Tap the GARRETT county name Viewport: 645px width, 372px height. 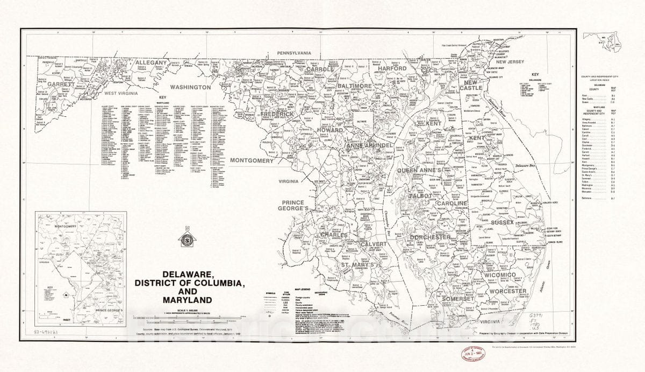[64, 85]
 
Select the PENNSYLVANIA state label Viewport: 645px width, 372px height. [294, 53]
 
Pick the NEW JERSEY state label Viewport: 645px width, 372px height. [499, 62]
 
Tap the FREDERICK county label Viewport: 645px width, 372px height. [277, 115]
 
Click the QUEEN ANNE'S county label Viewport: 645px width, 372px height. [419, 171]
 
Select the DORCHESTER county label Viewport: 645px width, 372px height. [429, 237]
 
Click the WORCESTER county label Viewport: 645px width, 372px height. [508, 291]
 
